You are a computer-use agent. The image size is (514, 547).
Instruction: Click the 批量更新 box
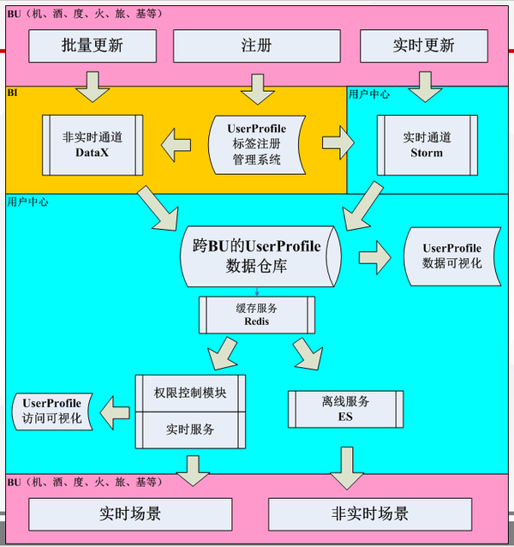point(93,46)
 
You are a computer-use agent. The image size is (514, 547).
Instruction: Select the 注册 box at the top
point(253,46)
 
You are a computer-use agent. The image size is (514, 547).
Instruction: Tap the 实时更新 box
point(418,46)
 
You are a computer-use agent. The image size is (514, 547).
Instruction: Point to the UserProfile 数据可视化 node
point(451,255)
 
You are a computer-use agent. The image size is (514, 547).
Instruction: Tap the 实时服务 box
point(191,430)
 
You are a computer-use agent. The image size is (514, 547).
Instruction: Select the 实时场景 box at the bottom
point(130,514)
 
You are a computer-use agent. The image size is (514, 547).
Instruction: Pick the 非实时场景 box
point(369,514)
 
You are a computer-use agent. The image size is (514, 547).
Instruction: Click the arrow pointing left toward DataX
point(178,141)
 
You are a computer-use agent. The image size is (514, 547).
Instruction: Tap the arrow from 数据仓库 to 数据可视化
point(374,255)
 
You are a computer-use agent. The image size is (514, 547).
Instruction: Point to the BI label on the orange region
point(13,91)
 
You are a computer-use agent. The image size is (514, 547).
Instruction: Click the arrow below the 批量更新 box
point(93,83)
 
